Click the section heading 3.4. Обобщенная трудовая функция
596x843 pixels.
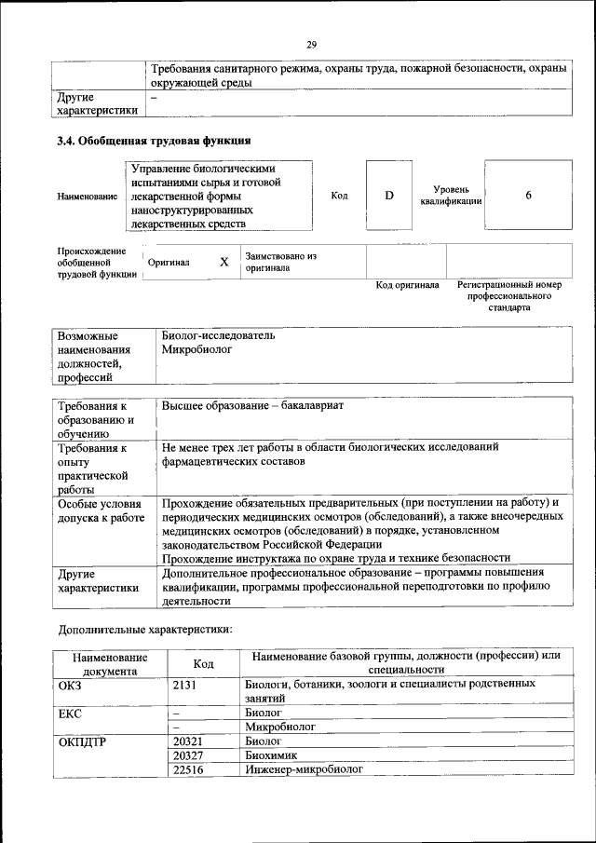[154, 142]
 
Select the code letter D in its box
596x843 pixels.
[389, 196]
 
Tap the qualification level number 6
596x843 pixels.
[528, 196]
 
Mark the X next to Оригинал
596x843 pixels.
[223, 262]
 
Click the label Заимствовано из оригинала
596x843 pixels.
[280, 262]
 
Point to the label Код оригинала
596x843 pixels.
[407, 285]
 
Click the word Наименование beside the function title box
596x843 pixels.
[88, 197]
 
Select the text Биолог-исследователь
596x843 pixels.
[218, 335]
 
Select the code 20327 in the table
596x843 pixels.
[188, 755]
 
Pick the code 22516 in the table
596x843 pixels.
[188, 770]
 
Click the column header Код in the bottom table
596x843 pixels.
[203, 663]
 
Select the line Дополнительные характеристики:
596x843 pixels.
[144, 630]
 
